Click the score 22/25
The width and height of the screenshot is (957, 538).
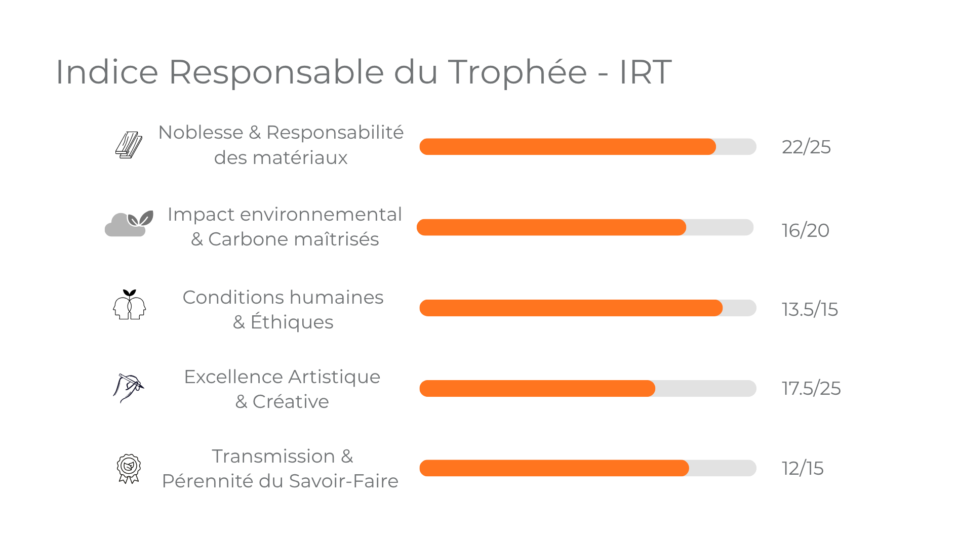point(806,147)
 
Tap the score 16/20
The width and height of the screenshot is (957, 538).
point(805,231)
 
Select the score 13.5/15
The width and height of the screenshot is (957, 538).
point(809,309)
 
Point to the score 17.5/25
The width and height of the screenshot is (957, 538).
point(811,389)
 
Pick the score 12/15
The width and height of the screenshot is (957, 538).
point(802,469)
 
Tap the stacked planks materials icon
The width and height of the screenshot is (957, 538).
point(129,145)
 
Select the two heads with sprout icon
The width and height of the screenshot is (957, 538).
point(129,305)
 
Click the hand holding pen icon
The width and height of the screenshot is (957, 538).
point(128,388)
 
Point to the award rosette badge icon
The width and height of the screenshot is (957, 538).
point(129,468)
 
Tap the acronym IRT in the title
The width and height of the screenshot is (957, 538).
point(645,72)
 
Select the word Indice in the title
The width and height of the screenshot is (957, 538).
point(107,72)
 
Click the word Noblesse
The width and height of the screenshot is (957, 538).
point(201,133)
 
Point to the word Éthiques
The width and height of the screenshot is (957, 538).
point(292,322)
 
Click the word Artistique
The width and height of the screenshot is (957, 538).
point(334,377)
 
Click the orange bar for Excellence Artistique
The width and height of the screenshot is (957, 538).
point(537,389)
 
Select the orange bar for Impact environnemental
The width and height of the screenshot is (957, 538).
point(551,228)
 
